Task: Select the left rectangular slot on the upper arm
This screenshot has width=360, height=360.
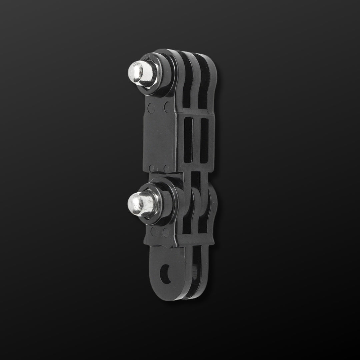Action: click(188, 140)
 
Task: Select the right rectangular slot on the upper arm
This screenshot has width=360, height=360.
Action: click(204, 140)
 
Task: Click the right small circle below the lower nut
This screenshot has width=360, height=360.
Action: click(166, 232)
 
